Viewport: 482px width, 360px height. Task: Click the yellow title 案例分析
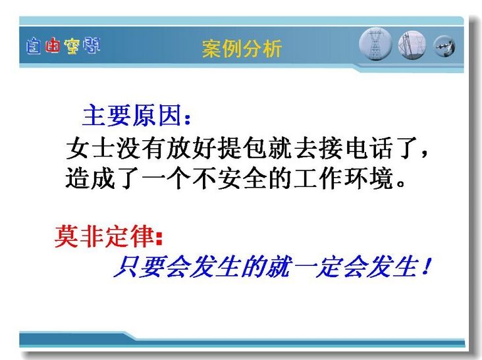242,49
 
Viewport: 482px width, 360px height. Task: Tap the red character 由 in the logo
52,46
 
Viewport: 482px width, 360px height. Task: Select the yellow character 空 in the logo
72,46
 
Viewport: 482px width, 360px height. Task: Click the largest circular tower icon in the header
375,44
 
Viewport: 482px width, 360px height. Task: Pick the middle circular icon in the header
412,45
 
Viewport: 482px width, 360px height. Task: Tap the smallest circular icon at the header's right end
444,46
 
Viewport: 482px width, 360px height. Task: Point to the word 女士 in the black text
90,148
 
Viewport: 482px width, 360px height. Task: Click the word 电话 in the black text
368,148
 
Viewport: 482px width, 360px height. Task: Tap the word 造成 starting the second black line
90,178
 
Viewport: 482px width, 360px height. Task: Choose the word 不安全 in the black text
229,178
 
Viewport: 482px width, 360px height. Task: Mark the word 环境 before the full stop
368,178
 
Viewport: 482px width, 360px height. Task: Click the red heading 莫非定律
105,236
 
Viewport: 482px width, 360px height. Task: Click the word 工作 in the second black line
318,178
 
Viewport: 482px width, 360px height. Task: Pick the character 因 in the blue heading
170,115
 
